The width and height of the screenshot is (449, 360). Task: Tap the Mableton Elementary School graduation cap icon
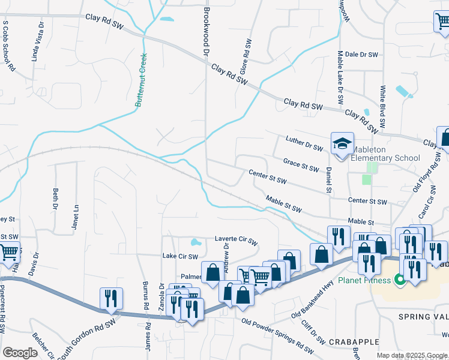coord(342,143)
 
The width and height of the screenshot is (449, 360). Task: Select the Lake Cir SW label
coord(180,256)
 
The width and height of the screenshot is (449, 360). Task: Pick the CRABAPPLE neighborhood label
coord(354,341)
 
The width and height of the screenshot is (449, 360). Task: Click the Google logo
coord(20,352)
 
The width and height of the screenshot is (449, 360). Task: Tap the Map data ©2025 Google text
coord(412,355)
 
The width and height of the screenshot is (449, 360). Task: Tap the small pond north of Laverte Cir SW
coord(196,243)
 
